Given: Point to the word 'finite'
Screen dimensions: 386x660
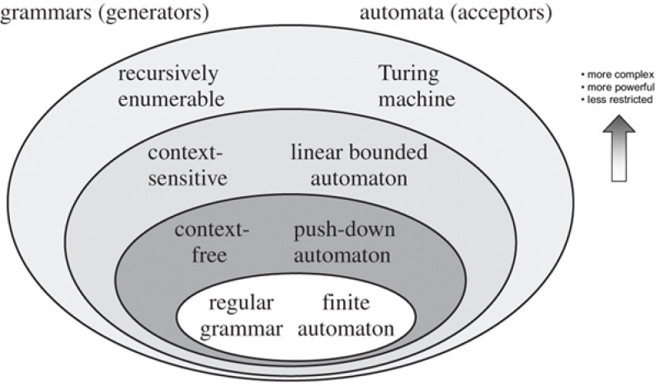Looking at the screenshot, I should pyautogui.click(x=342, y=302).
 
